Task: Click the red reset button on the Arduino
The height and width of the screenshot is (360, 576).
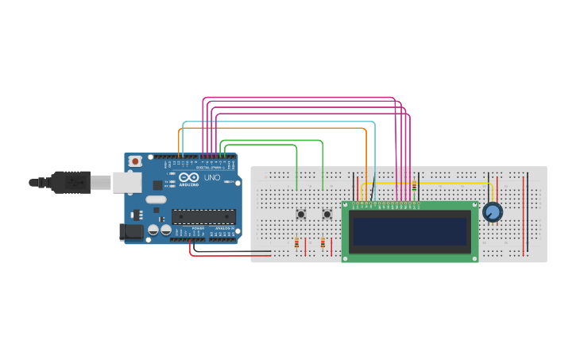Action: coord(135,161)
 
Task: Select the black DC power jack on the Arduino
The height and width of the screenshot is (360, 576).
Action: coord(130,231)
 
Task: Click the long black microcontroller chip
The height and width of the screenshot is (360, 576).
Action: coord(203,216)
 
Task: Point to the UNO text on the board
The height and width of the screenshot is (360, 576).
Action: coord(212,178)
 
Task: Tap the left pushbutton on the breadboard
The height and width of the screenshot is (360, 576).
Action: coord(301,214)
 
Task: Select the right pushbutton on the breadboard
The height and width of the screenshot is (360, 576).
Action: coord(327,214)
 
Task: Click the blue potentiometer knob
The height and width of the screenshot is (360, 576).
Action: coord(493,212)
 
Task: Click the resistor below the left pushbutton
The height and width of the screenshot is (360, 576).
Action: coord(297,243)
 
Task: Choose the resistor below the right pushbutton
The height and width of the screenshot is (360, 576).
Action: coord(323,243)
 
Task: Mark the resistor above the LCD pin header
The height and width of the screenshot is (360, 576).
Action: coord(414,187)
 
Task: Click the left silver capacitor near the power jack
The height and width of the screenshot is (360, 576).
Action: coord(153,230)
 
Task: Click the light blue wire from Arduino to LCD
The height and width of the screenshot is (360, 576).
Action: coord(278,122)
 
